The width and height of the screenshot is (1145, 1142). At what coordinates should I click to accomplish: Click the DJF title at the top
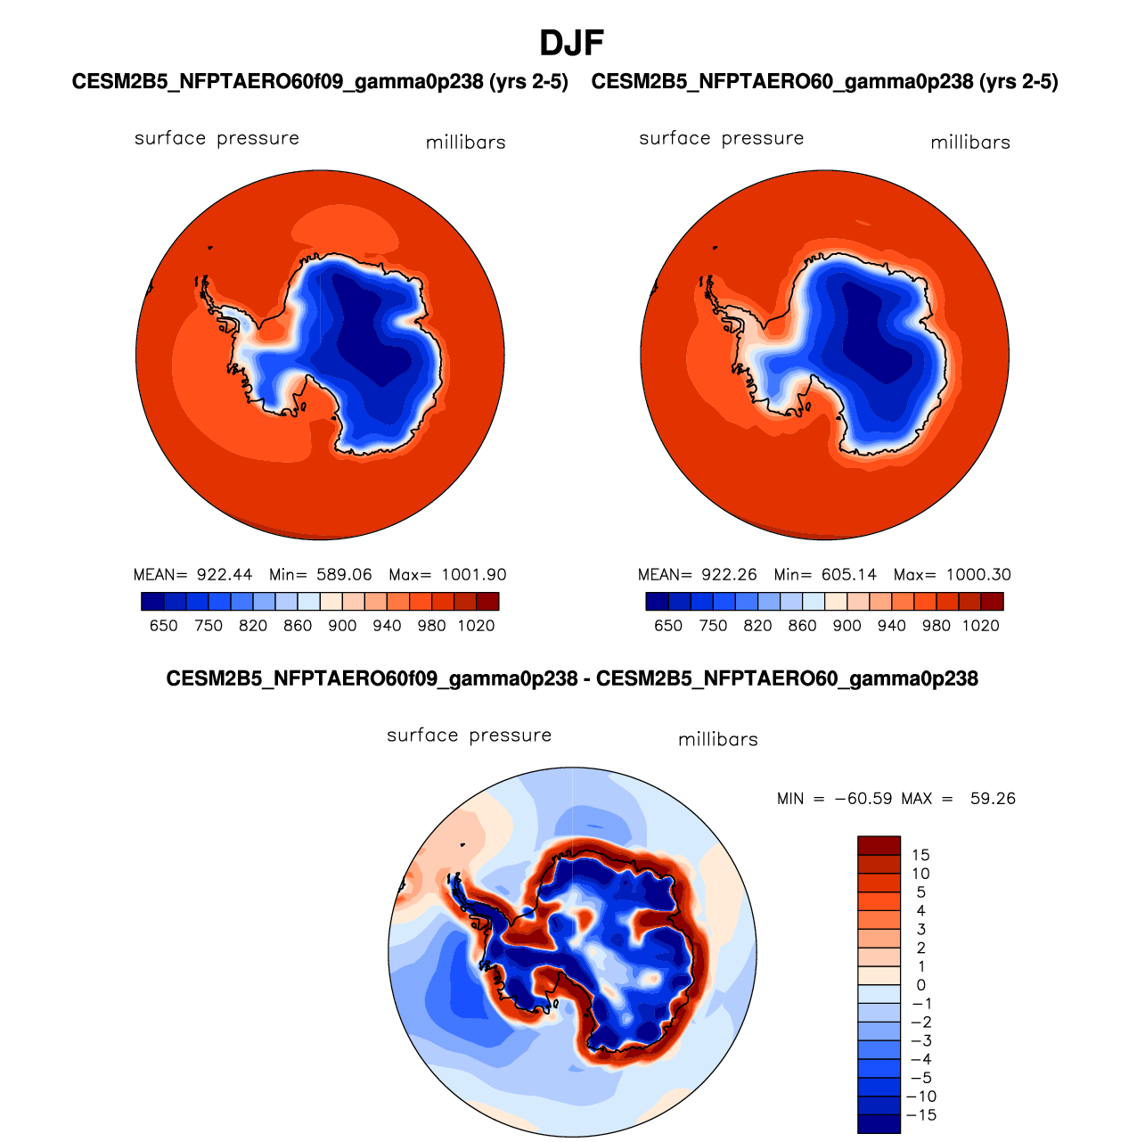point(572,43)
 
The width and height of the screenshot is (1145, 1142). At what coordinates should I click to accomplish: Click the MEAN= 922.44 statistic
point(192,575)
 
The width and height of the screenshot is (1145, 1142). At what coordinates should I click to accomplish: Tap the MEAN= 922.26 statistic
point(698,575)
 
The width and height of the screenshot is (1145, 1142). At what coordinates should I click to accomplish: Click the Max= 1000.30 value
point(953,575)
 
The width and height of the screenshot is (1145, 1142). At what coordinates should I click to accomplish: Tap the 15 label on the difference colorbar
point(920,856)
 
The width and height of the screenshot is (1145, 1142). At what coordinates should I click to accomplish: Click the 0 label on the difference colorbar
point(920,986)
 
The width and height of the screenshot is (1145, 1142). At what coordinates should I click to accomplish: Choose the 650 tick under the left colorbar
point(164,626)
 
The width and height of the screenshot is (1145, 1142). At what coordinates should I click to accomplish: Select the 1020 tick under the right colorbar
point(981,626)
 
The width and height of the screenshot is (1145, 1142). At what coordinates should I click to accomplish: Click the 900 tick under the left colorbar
point(342,626)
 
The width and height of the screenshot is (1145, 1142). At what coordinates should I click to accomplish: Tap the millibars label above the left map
point(465,143)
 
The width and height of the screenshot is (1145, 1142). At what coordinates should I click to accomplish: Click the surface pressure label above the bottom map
point(470,735)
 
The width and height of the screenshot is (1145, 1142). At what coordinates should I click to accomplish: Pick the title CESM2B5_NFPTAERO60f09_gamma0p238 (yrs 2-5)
point(320,82)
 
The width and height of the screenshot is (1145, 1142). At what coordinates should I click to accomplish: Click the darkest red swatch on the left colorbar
point(487,602)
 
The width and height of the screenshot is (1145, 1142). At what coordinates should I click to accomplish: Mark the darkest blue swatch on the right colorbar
point(657,602)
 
